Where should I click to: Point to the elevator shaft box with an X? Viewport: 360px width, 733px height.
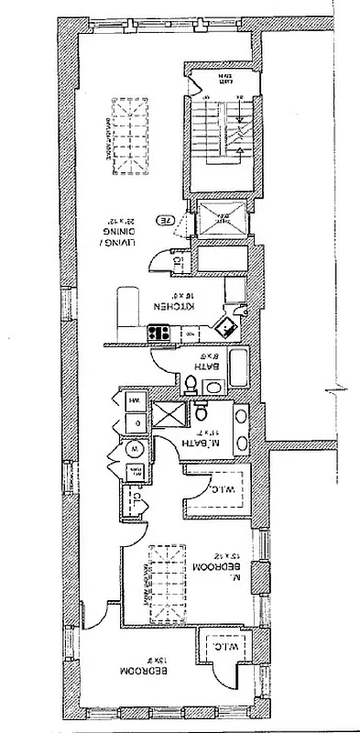222,217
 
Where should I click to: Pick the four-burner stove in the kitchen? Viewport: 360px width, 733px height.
158,334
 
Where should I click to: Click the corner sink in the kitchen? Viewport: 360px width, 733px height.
223,323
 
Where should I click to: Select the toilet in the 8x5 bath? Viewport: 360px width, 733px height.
191,384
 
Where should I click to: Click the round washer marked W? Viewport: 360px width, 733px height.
134,449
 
